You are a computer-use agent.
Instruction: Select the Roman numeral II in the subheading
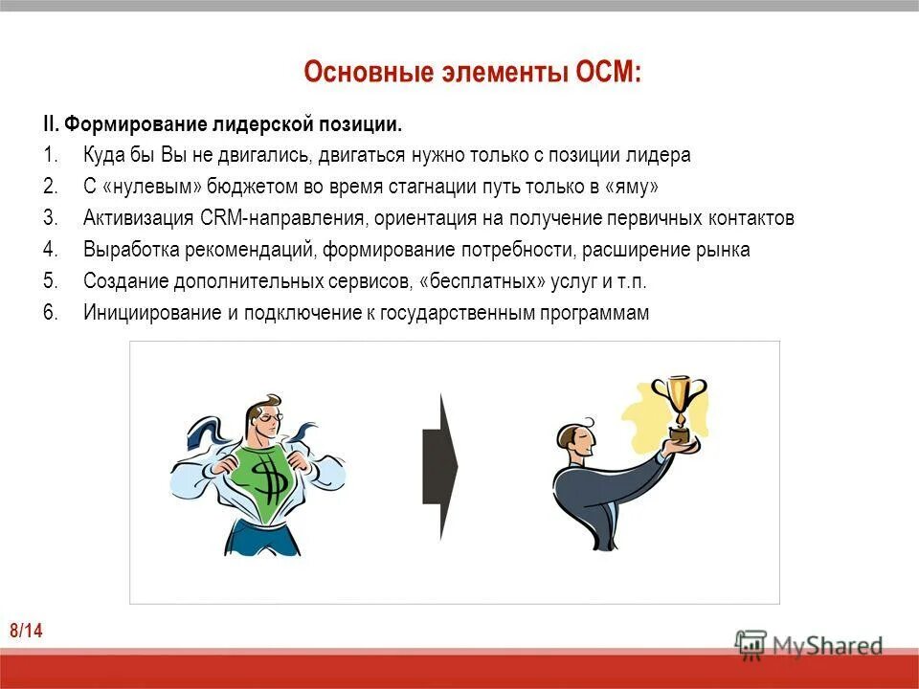tap(51, 123)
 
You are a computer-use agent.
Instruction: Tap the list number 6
tap(50, 313)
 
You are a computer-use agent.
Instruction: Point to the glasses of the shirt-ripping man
tap(269, 418)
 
